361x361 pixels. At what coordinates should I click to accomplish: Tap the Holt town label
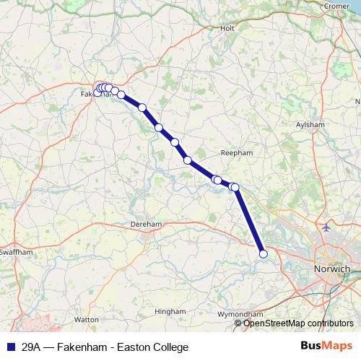(227, 28)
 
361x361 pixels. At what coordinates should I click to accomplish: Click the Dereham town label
(146, 225)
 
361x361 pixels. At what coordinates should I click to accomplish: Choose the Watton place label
(86, 318)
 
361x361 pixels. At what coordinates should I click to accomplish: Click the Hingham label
(170, 311)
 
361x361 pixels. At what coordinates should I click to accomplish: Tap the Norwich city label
(333, 269)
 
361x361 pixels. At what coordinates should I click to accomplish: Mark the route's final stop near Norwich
(264, 253)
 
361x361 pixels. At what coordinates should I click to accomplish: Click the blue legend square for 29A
(9, 347)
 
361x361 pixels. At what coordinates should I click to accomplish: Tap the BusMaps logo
(326, 347)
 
